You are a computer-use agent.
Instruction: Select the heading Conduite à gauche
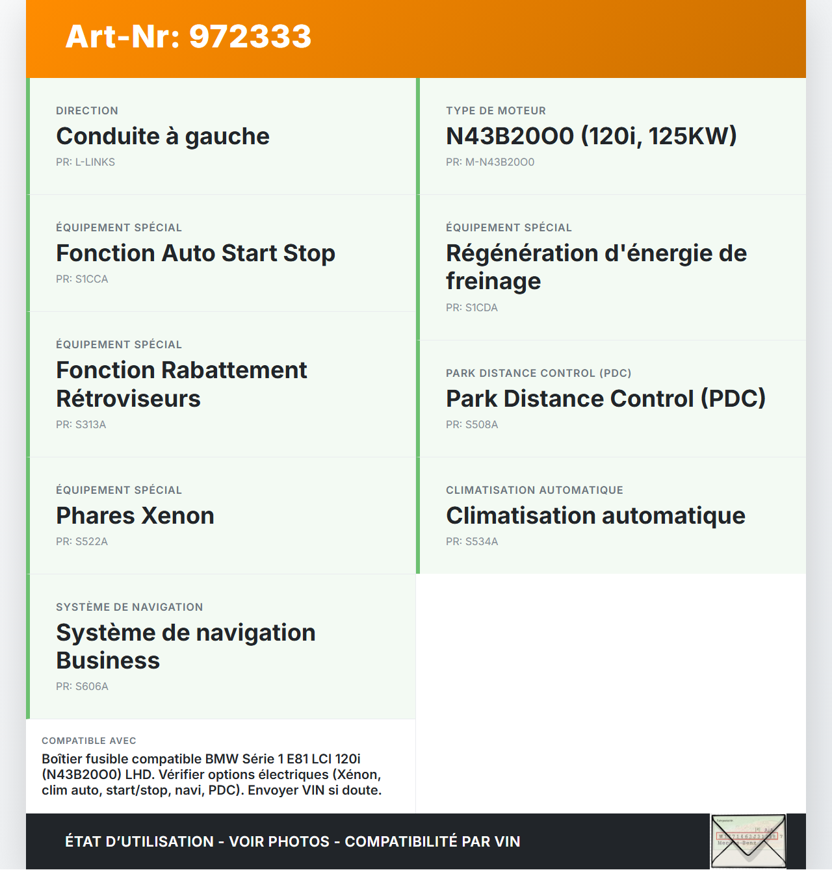click(162, 136)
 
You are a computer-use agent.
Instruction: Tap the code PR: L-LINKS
click(85, 162)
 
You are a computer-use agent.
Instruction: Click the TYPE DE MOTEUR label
click(495, 111)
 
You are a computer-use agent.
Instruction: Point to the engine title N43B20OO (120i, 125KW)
click(591, 136)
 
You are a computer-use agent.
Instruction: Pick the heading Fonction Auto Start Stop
click(195, 253)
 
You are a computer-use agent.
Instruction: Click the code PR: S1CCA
click(82, 279)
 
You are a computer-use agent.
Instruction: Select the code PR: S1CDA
click(471, 308)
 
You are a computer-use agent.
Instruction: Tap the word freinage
click(493, 281)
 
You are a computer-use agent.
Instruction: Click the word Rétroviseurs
click(128, 399)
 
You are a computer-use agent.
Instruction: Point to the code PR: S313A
click(81, 425)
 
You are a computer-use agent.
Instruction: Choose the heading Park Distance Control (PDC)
click(605, 399)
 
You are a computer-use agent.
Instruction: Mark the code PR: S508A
click(471, 425)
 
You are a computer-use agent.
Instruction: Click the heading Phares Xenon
click(135, 516)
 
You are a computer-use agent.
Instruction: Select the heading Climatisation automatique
click(595, 516)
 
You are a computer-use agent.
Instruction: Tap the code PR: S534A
click(471, 542)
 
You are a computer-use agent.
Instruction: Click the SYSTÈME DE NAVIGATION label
click(129, 608)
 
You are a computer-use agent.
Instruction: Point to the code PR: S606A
click(82, 687)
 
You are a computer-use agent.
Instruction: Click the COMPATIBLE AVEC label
click(89, 741)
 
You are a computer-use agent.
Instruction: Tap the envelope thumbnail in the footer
click(748, 841)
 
